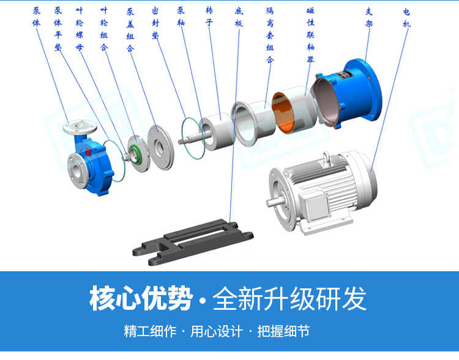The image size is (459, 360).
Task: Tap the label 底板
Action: click(238, 19)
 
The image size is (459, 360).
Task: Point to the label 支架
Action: click(369, 17)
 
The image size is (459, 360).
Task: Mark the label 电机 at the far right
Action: click(406, 17)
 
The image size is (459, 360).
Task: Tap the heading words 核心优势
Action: click(141, 298)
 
